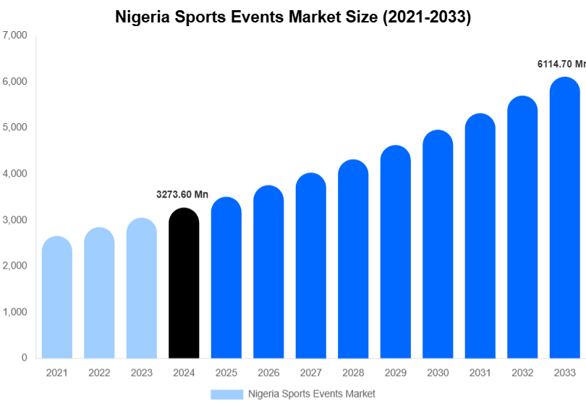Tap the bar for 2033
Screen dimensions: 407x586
(564, 218)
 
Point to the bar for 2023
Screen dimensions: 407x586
(142, 289)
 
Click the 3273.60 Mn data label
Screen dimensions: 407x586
(182, 194)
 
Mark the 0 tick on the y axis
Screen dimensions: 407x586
(24, 358)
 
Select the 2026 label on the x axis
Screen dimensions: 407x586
(268, 373)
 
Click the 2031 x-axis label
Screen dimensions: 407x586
(480, 373)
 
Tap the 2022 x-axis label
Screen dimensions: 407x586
(99, 373)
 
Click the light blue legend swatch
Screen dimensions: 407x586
(226, 394)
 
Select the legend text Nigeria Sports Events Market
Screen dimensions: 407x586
(311, 394)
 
